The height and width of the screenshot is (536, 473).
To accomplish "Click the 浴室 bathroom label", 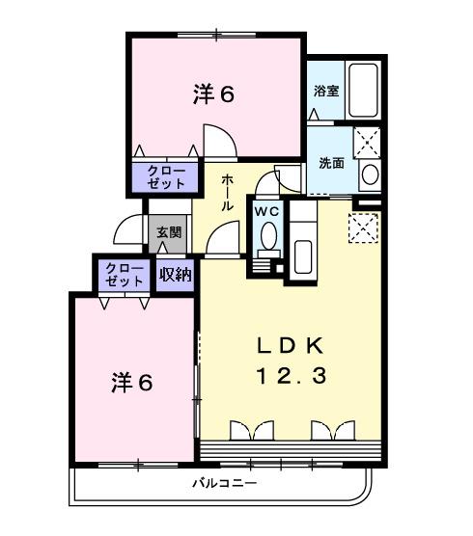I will (x=325, y=93).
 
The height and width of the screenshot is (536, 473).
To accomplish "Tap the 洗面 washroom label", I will (x=331, y=163).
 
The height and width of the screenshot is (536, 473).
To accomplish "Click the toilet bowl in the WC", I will (x=267, y=234).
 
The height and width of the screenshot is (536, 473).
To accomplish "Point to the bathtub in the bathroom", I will (x=363, y=91).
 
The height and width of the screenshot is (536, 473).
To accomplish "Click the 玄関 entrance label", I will (x=168, y=232).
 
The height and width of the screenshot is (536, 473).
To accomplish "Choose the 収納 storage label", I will (x=175, y=276).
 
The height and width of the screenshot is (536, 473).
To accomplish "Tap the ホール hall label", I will (x=227, y=193).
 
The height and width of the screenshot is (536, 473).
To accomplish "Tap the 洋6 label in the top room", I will (x=213, y=94).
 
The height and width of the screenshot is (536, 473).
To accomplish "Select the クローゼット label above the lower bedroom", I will (x=124, y=274).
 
